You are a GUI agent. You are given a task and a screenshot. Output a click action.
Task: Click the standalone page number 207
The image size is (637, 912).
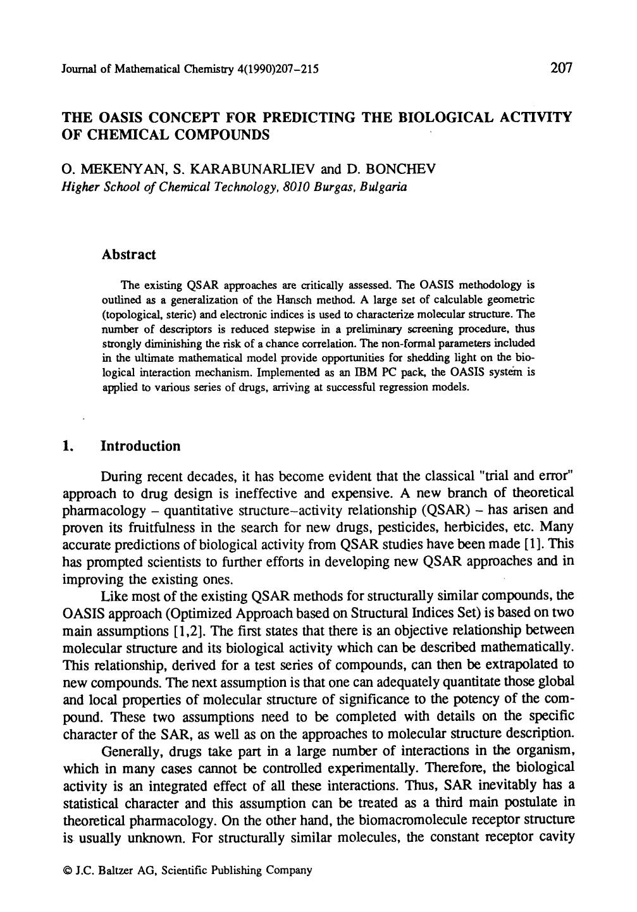click(561, 67)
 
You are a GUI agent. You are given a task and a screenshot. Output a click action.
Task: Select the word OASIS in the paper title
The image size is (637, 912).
click(117, 117)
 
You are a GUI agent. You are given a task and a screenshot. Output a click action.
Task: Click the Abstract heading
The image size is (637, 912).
click(128, 255)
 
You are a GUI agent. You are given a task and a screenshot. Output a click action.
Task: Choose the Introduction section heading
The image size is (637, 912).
click(140, 447)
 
